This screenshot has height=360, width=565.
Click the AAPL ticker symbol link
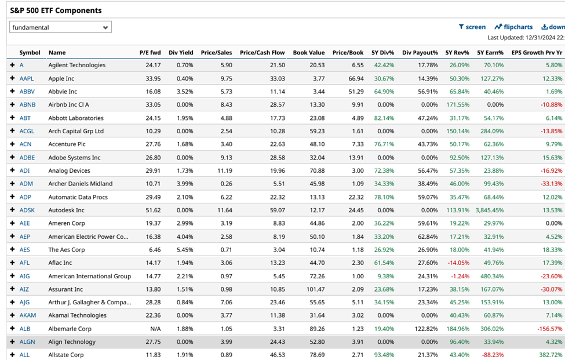[27, 78]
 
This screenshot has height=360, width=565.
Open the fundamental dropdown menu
[60, 27]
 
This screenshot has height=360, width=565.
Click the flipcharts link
[513, 27]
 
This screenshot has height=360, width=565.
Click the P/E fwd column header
[150, 52]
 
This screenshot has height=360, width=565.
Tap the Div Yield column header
[181, 52]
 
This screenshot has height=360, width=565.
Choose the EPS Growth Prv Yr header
[537, 52]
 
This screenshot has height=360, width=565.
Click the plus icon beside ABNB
[12, 104]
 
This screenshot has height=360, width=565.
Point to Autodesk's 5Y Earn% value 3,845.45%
[490, 210]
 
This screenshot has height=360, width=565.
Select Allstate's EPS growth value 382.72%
[551, 355]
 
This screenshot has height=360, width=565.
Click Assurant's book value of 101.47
[313, 289]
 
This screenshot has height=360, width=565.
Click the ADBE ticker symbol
[27, 157]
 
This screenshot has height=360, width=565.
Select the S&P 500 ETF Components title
[56, 10]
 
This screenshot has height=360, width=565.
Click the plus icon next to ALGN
[12, 341]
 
